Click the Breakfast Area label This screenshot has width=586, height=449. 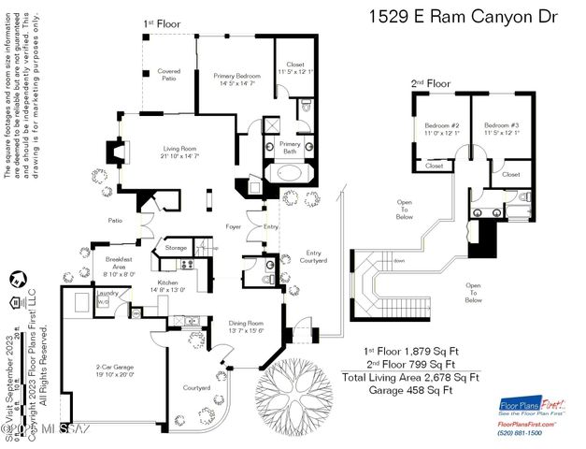click(x=119, y=263)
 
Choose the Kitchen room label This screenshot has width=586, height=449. click(x=167, y=285)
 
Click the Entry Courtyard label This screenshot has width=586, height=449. click(x=313, y=258)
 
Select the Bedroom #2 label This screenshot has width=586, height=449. click(x=441, y=129)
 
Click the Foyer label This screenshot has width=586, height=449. click(x=234, y=226)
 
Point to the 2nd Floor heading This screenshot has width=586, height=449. click(x=431, y=84)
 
